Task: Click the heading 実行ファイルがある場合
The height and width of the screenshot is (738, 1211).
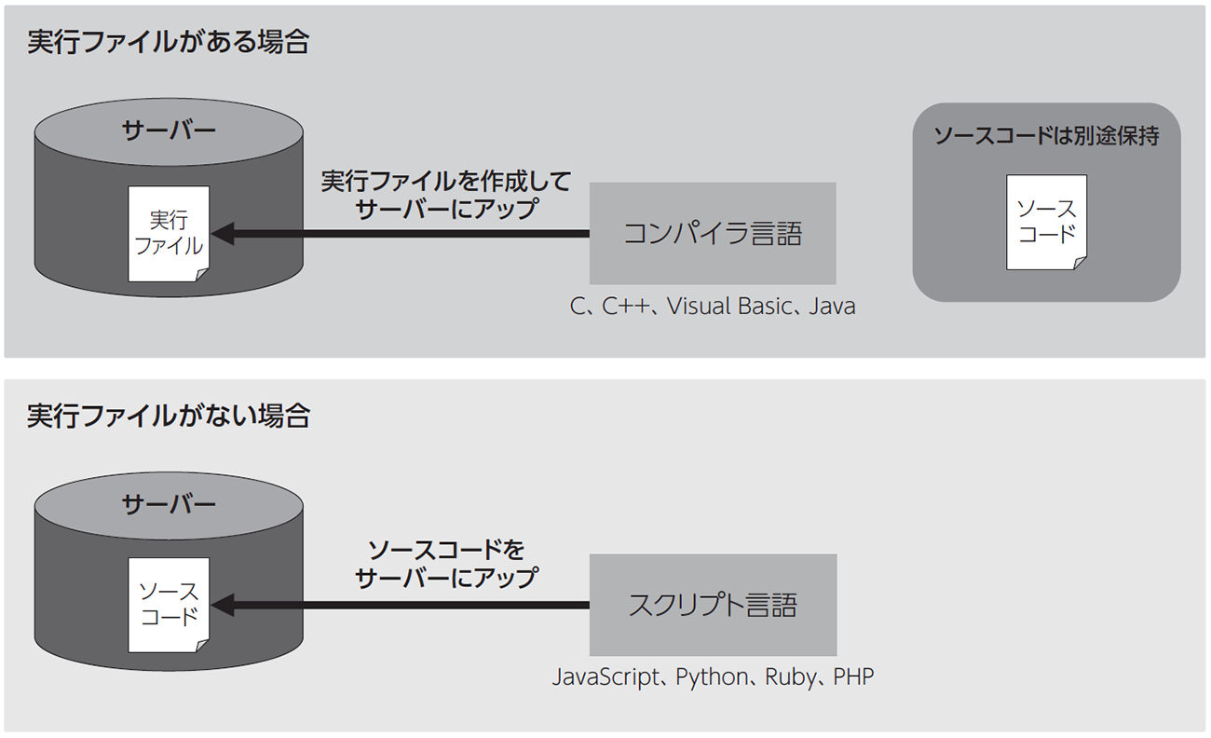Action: pos(168,43)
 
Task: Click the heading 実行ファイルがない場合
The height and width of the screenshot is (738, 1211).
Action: pos(168,417)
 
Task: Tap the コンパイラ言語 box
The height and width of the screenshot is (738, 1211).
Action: pos(713,233)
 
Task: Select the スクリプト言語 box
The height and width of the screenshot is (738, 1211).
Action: pos(713,605)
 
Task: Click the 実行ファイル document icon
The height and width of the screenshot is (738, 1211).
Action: pos(169,233)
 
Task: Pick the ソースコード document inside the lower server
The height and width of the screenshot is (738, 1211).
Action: pos(169,605)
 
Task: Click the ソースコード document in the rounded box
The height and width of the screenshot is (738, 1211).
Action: pos(1046,221)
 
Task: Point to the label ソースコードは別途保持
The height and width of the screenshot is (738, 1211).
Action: pos(1046,136)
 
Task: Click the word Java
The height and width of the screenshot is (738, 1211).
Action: pos(832,306)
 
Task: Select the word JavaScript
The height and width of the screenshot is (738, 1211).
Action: pos(605,676)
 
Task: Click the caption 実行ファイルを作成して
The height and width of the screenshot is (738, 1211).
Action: pos(445,181)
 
